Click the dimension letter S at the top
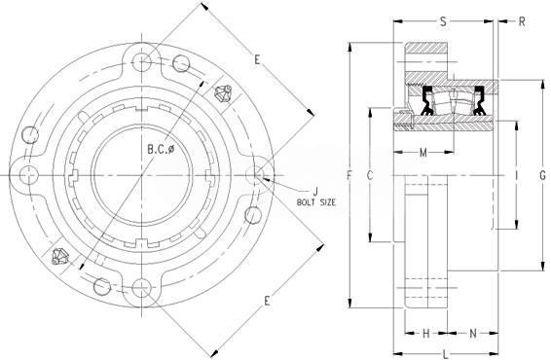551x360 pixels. (x=444, y=21)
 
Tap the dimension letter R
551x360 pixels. (x=522, y=21)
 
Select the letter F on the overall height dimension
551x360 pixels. (x=349, y=175)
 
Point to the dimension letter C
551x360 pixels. (x=370, y=175)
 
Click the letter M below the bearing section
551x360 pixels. (x=423, y=153)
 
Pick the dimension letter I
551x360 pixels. (x=516, y=175)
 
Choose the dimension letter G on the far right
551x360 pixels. (x=543, y=175)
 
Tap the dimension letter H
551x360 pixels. (x=425, y=333)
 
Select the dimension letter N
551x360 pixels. (x=473, y=333)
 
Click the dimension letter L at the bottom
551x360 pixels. (x=446, y=354)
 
